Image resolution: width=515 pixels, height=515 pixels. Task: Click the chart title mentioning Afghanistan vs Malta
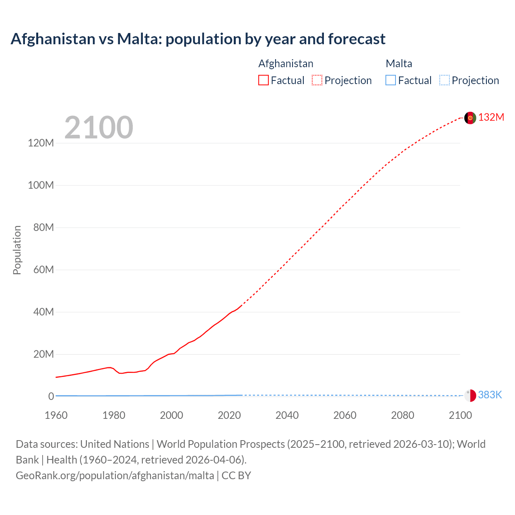coord(198,39)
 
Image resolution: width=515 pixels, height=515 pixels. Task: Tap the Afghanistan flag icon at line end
coord(470,118)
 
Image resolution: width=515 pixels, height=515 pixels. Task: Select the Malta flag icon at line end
coord(470,396)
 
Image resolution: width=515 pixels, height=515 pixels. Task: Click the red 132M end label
coord(491,117)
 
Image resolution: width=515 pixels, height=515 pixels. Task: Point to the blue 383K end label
coord(490,395)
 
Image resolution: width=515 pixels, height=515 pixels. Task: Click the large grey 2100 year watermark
coord(99,128)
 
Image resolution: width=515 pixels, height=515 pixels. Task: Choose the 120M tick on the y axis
coord(41,143)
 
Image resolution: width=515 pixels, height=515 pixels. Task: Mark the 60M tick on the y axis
coord(43,270)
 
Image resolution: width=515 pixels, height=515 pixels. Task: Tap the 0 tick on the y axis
coord(51,396)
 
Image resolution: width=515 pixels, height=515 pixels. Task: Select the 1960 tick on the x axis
coord(56,415)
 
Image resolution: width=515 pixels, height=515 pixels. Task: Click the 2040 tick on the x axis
coord(287,415)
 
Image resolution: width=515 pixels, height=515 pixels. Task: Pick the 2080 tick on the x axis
coord(402,415)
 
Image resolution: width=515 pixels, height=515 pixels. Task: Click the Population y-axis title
coord(17,250)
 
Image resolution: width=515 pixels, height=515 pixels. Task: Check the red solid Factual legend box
coord(264,80)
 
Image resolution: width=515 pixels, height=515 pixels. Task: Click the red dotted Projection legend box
coord(317,80)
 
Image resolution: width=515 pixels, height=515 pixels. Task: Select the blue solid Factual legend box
coord(391,80)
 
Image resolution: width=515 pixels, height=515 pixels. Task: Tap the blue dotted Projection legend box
coord(445,80)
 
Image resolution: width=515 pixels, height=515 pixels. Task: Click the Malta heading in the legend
coord(399,64)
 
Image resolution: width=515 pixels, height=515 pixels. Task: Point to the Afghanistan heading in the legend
coord(286,64)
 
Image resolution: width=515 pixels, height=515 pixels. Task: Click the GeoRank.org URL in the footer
coord(115,476)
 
